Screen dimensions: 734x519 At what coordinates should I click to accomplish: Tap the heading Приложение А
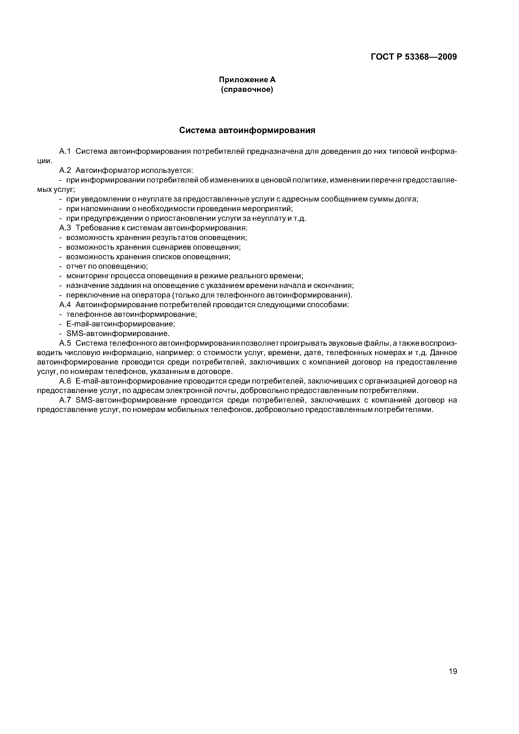coord(247,80)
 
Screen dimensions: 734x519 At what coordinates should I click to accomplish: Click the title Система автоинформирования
coord(247,130)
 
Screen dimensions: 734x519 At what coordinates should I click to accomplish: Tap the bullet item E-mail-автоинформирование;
coord(121,324)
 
